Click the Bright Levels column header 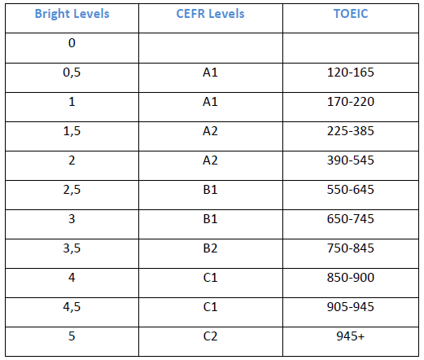click(72, 14)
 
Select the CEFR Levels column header click(210, 14)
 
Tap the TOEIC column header click(351, 14)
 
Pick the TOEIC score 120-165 click(351, 72)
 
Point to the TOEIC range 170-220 click(351, 102)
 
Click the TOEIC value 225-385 click(351, 131)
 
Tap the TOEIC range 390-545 click(351, 160)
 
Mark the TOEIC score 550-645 click(351, 190)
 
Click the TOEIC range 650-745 click(351, 219)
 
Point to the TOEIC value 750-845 click(351, 248)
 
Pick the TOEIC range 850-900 click(351, 278)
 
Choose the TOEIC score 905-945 click(351, 307)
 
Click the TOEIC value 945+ click(351, 336)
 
